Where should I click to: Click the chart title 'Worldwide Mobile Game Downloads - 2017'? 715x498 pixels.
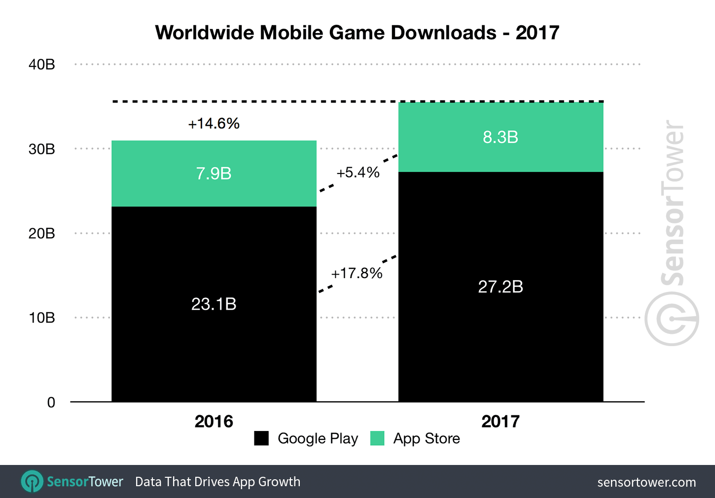[x=357, y=33]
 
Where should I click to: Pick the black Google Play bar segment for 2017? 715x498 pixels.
[x=500, y=335]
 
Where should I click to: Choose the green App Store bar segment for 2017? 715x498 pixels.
[x=500, y=155]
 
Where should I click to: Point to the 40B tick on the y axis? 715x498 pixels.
[x=42, y=65]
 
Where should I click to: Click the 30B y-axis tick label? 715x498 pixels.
[x=42, y=149]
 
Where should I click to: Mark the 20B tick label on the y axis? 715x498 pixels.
[x=42, y=233]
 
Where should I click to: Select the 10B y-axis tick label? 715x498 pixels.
[x=42, y=318]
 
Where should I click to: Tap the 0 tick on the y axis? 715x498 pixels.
[x=51, y=402]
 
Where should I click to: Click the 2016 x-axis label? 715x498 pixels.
[x=214, y=422]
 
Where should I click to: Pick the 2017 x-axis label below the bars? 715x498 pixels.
[x=500, y=422]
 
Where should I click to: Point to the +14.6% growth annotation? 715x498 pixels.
[x=214, y=123]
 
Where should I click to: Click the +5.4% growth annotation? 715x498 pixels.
[x=358, y=173]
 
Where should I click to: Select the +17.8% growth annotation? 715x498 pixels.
[x=357, y=273]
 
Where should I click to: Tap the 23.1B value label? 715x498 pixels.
[x=214, y=304]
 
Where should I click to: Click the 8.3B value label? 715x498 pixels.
[x=500, y=137]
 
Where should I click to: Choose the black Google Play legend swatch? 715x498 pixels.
[x=261, y=438]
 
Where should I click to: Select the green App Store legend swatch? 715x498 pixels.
[x=377, y=438]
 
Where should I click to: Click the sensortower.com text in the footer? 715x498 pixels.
[x=646, y=482]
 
